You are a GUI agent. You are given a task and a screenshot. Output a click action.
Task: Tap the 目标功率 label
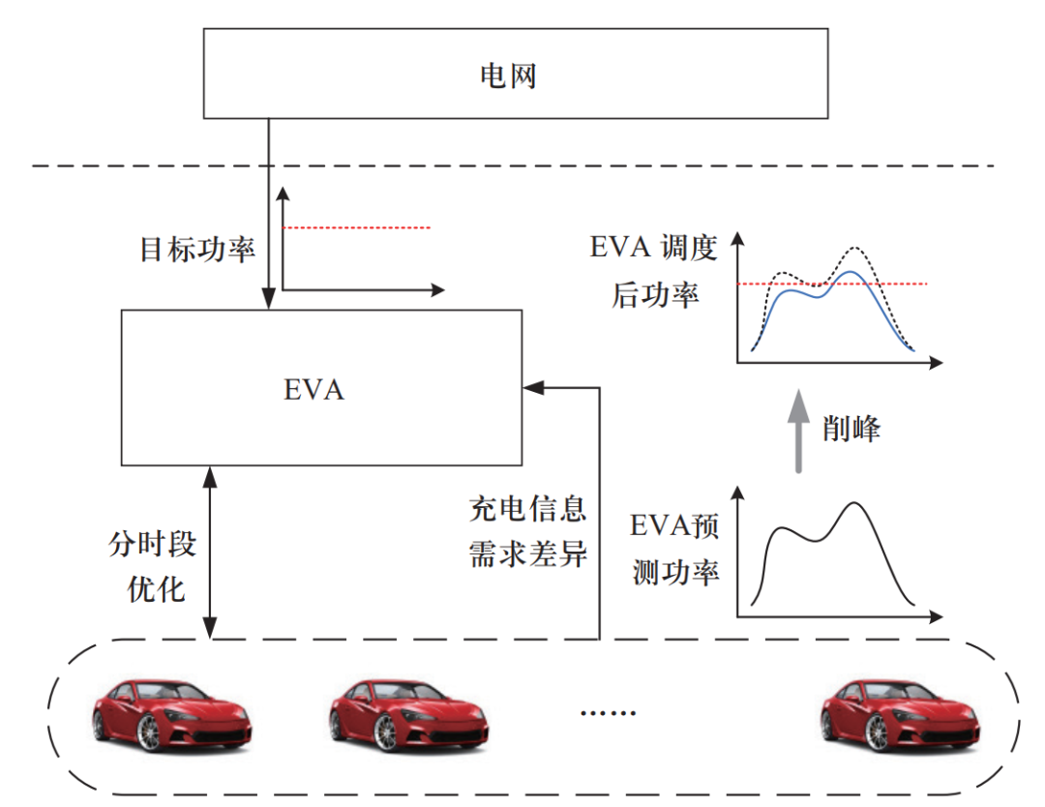tap(197, 250)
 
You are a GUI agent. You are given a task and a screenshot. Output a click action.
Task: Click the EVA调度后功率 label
tap(654, 272)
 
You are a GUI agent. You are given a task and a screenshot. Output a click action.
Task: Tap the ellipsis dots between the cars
tap(608, 713)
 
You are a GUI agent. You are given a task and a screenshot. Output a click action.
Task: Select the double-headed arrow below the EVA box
tap(211, 552)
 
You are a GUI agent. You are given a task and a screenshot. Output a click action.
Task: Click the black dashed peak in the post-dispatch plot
tap(855, 249)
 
